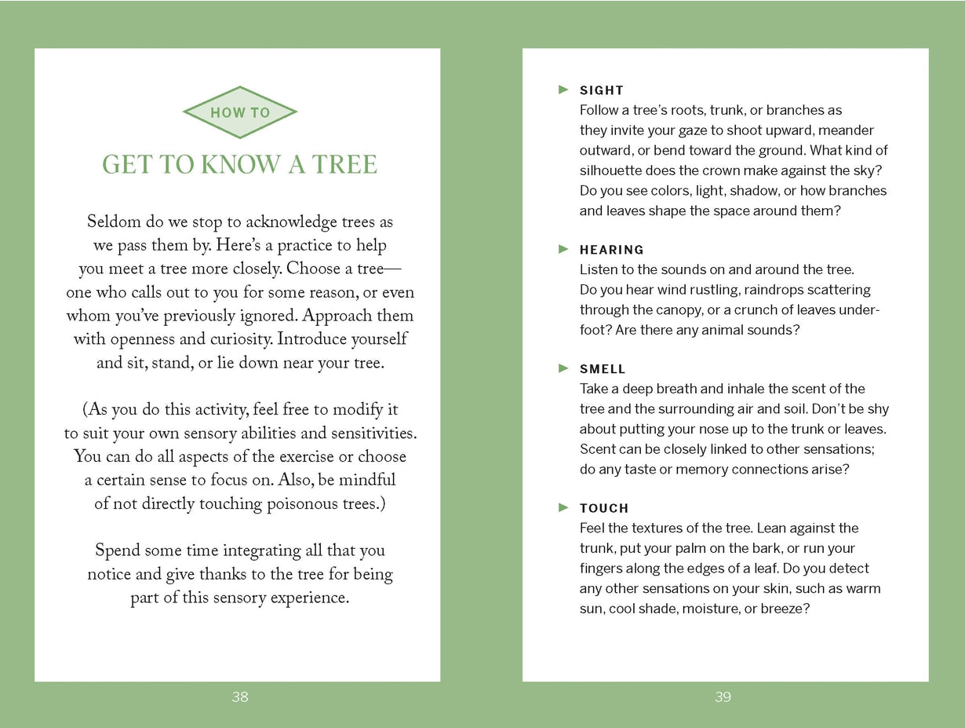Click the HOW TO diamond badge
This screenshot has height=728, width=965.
(240, 112)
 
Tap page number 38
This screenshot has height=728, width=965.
(240, 697)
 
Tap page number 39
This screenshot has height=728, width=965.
(723, 697)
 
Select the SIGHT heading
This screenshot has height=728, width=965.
(602, 90)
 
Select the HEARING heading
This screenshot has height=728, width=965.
(612, 250)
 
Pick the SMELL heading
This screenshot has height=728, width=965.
(603, 369)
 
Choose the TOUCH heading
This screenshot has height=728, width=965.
(604, 508)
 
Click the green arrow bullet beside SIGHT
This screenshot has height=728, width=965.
(563, 90)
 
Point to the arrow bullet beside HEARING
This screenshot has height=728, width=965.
(563, 249)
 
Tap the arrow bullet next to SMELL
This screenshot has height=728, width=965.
(563, 368)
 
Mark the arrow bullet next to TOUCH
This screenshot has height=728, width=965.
(563, 507)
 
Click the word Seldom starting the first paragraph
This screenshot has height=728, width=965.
(115, 222)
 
